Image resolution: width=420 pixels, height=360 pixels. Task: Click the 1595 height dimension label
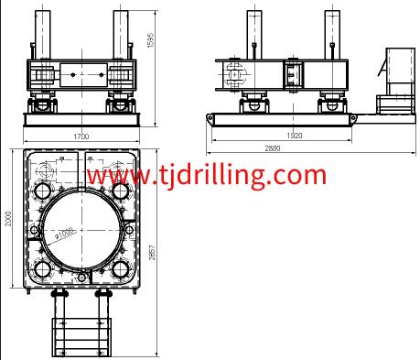coord(151,40)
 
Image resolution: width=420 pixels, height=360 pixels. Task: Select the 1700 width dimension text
coord(81,136)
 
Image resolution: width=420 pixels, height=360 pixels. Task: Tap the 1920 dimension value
coord(295,136)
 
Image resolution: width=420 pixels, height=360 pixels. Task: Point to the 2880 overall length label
coord(273,148)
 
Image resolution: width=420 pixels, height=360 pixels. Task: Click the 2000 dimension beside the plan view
coord(8,219)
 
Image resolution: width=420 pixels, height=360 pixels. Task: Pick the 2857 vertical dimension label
coord(152,252)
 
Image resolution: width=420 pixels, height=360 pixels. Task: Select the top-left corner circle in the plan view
coord(43,191)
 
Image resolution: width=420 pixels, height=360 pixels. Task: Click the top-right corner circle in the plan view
coord(121,191)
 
